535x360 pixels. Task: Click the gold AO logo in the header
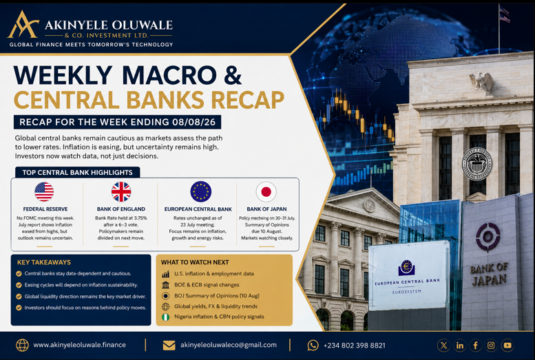(x=23, y=24)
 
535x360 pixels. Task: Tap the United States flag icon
(x=44, y=191)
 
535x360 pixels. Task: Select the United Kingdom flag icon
(x=121, y=191)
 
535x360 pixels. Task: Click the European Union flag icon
(x=200, y=191)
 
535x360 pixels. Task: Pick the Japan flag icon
(x=266, y=192)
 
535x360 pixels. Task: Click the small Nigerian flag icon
(x=165, y=317)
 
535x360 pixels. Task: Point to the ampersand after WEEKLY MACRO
(x=233, y=75)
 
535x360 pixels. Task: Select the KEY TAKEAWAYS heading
(x=44, y=262)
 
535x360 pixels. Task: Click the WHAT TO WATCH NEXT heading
(x=195, y=262)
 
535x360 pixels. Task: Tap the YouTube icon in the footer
(x=507, y=346)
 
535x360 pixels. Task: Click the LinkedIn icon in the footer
(x=459, y=346)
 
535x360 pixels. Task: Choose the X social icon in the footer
(x=443, y=346)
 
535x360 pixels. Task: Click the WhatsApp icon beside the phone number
(x=313, y=346)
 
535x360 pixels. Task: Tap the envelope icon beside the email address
(x=169, y=346)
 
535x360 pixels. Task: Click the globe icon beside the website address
(x=22, y=346)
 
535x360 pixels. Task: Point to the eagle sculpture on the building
(x=481, y=82)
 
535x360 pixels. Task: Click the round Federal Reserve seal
(x=477, y=164)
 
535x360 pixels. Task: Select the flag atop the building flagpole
(x=505, y=14)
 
